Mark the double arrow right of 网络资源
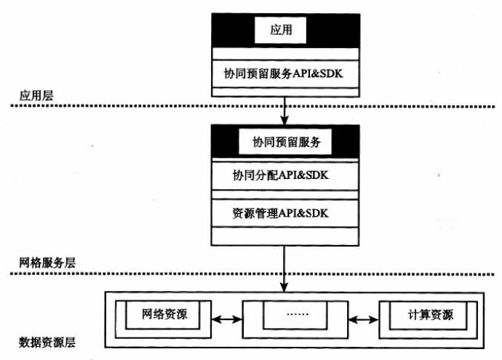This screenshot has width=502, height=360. [226, 319]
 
